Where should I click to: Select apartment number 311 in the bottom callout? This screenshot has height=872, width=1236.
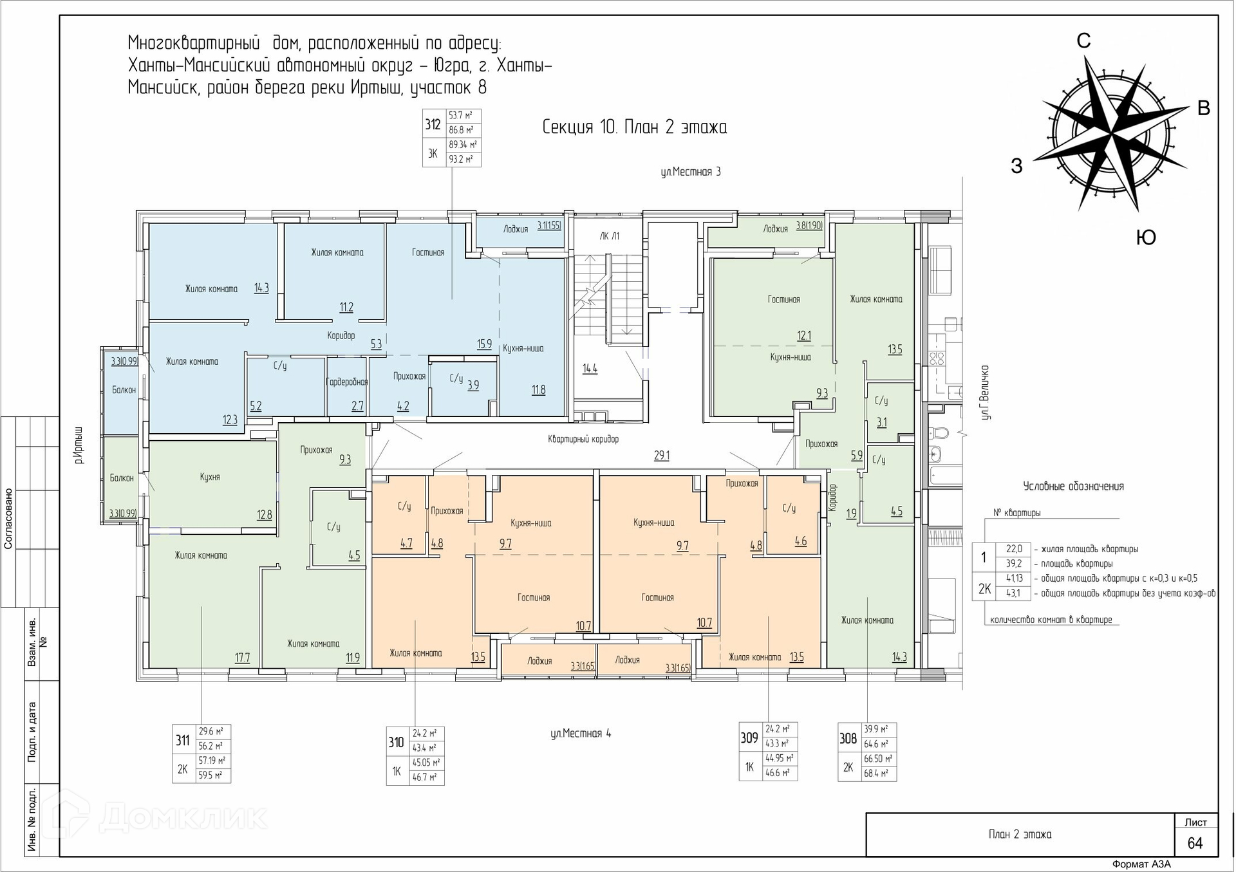click(183, 740)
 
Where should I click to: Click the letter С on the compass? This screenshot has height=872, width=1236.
click(1084, 41)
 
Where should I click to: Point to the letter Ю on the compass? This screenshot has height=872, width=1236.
click(1146, 237)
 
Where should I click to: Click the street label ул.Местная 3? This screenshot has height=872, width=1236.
click(691, 172)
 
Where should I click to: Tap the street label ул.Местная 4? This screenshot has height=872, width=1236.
click(581, 733)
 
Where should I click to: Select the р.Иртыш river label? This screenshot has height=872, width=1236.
click(79, 445)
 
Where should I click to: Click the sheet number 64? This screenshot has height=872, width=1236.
click(1195, 843)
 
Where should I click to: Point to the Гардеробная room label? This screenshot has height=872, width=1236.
click(348, 382)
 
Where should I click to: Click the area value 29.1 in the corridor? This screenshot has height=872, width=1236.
click(662, 456)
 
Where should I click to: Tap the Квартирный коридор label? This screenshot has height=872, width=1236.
click(583, 439)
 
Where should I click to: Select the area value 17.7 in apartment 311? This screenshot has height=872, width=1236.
click(242, 658)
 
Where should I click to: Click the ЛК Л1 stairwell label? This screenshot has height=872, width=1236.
click(609, 236)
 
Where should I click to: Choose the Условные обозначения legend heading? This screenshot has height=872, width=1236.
click(1074, 487)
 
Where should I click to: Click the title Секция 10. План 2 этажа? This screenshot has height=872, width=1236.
click(635, 127)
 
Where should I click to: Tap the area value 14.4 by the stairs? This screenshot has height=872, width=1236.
click(590, 369)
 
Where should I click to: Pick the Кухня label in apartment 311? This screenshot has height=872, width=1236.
click(210, 477)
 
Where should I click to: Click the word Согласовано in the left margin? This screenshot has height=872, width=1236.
click(8, 519)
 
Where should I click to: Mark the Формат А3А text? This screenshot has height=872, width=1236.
click(1141, 864)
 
